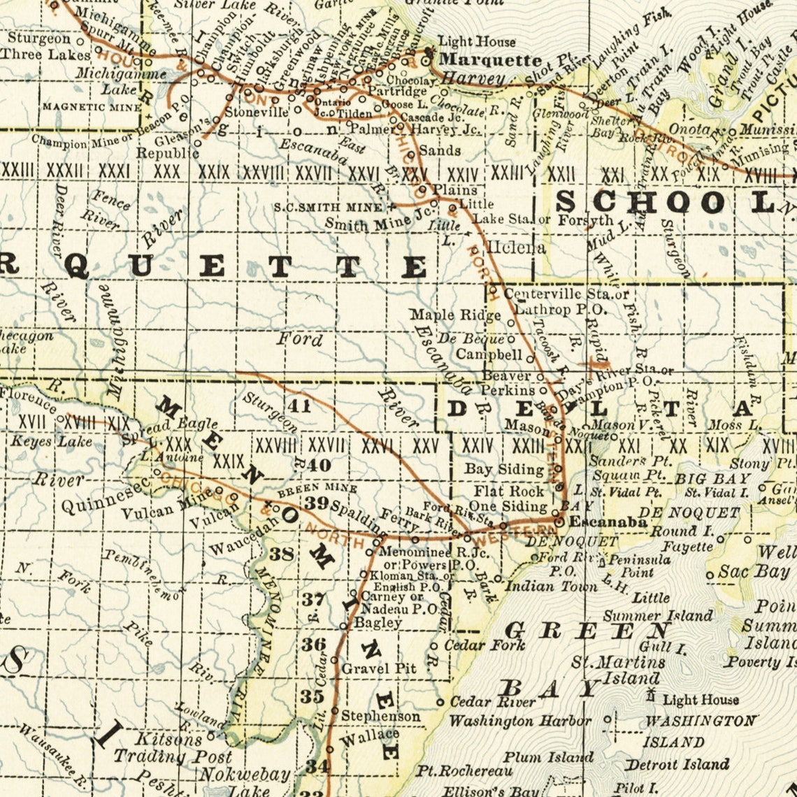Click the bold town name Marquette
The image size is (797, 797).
[x=490, y=59]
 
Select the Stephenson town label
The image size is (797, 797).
[x=381, y=716]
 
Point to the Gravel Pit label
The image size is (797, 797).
[x=378, y=668]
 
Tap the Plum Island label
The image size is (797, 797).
[x=548, y=757]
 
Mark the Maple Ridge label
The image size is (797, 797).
[x=455, y=315]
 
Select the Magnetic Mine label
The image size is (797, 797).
[x=92, y=107]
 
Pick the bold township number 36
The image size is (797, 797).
[x=314, y=644]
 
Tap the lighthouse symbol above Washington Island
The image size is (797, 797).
[x=652, y=695]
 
